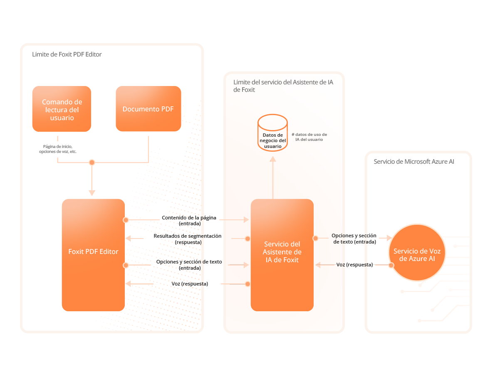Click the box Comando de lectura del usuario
(62, 109)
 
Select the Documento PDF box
(148, 109)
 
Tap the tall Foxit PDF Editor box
(93, 255)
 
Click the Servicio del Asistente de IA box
(282, 255)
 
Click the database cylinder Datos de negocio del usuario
(272, 133)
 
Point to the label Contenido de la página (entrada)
(189, 221)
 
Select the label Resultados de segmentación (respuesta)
(188, 239)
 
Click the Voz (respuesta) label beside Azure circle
(354, 265)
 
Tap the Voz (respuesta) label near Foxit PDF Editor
(190, 284)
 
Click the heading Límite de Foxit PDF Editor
(67, 54)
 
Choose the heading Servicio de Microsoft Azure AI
(414, 162)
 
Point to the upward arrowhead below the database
(272, 159)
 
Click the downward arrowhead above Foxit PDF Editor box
(92, 193)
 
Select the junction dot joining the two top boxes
(92, 162)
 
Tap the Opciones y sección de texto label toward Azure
(354, 239)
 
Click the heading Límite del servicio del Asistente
(283, 86)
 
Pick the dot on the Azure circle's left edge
(391, 265)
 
